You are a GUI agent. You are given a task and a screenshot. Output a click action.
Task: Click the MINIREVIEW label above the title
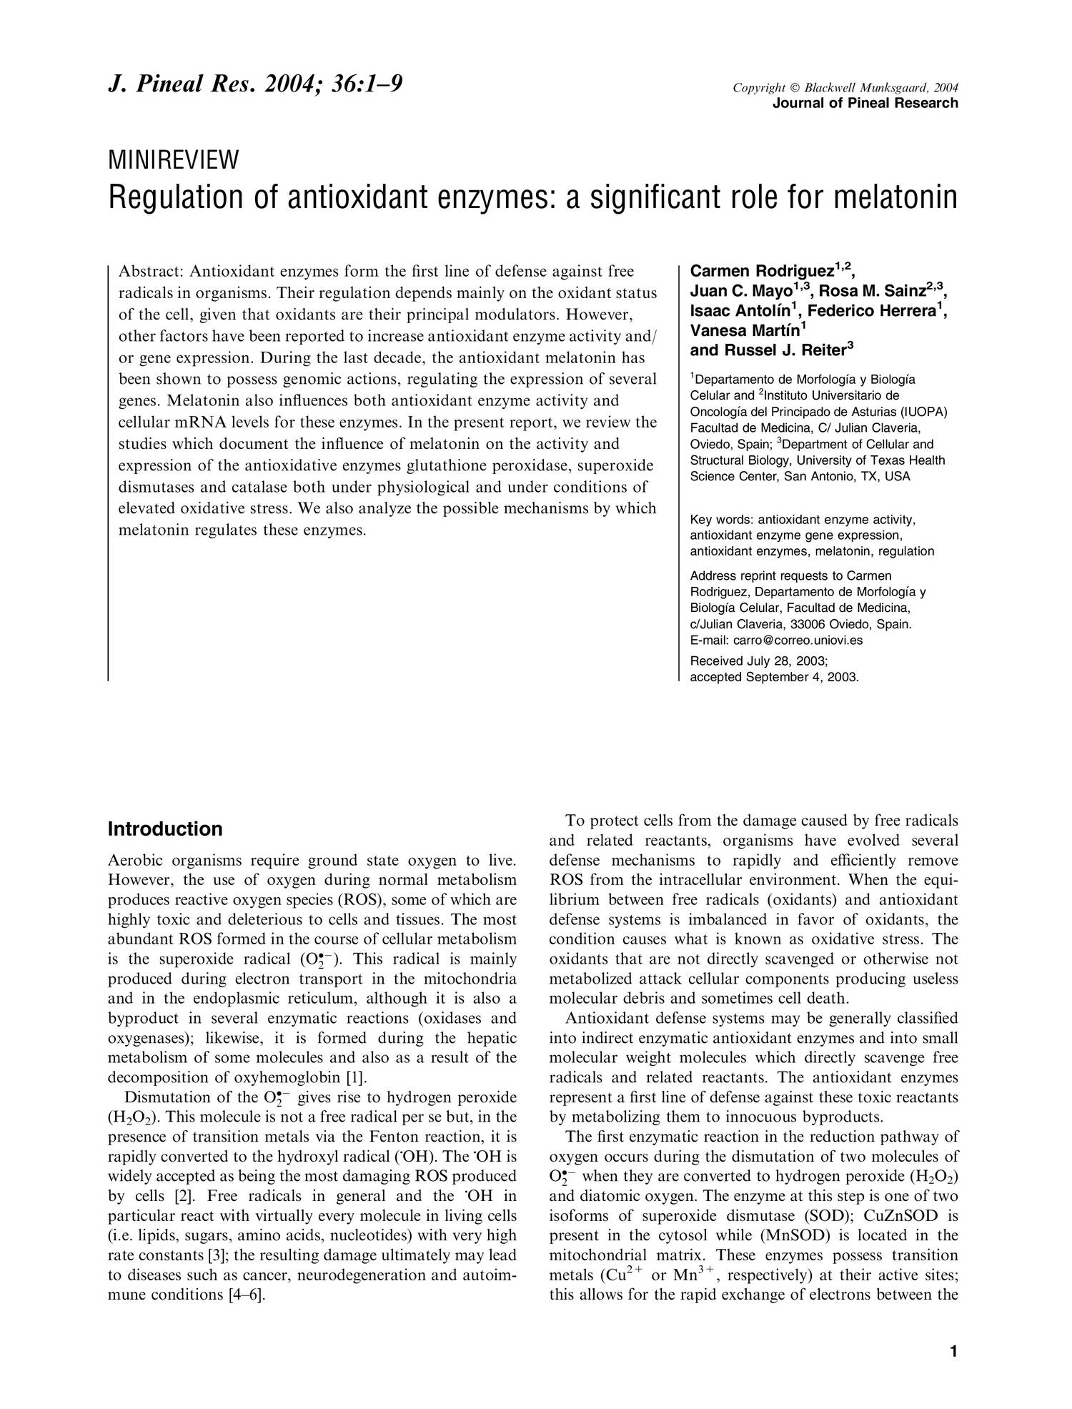pyautogui.click(x=173, y=161)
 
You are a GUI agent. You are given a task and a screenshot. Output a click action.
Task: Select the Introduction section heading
pyautogui.click(x=165, y=829)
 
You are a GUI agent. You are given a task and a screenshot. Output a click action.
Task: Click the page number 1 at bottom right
pyautogui.click(x=953, y=1351)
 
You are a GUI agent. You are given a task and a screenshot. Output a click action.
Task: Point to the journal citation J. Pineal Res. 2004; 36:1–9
pyautogui.click(x=255, y=85)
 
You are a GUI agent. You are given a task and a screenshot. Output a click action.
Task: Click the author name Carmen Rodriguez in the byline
pyautogui.click(x=762, y=272)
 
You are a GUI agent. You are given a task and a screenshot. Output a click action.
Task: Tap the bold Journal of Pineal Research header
pyautogui.click(x=865, y=103)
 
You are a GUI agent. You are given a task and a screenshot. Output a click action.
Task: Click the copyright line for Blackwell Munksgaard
pyautogui.click(x=845, y=88)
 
